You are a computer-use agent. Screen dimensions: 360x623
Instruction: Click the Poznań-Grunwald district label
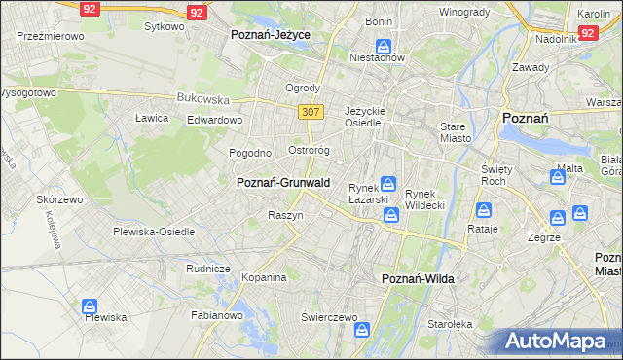point(283,182)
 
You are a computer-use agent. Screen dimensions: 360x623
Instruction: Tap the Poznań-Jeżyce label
point(270,34)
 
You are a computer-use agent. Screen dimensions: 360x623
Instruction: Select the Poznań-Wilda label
point(416,279)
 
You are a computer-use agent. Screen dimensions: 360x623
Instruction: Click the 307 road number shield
point(311,112)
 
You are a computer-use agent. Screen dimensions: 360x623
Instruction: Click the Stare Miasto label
point(454,132)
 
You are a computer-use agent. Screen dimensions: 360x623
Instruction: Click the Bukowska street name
point(202,98)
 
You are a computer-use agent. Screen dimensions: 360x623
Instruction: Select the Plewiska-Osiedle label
point(154,232)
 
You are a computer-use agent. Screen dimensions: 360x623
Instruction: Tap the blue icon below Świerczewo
point(362,332)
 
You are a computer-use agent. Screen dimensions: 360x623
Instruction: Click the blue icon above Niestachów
point(385,46)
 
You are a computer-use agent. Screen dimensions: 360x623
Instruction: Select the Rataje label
point(483,229)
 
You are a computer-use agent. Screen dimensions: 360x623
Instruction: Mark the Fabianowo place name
point(216,315)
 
